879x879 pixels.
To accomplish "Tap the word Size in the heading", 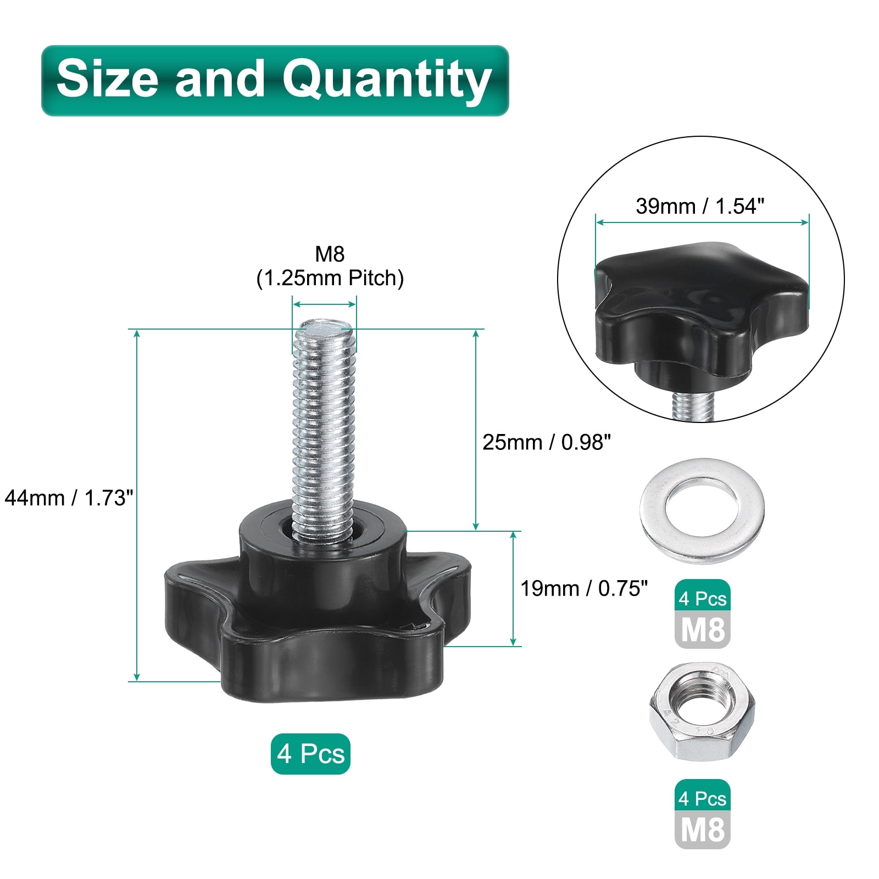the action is [108, 78].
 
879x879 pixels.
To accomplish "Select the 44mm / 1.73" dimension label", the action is [69, 498].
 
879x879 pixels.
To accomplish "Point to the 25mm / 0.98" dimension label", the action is [547, 442].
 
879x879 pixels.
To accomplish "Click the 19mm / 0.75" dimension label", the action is [584, 588].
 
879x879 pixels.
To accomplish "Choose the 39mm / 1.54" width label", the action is [700, 206].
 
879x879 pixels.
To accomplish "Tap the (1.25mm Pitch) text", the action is [330, 279].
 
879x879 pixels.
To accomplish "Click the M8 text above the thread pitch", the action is [330, 254].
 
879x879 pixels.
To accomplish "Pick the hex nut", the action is [702, 711].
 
